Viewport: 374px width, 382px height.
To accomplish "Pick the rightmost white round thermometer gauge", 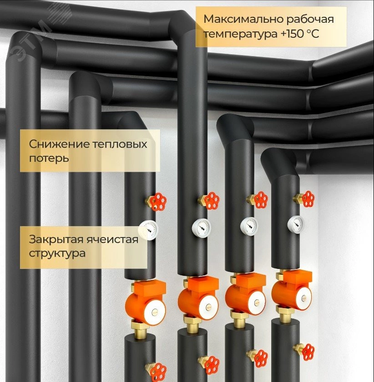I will coord(296,223).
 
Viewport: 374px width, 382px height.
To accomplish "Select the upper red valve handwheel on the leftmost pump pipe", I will coord(157,201).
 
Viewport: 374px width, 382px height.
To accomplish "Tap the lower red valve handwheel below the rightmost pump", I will coord(306,351).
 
